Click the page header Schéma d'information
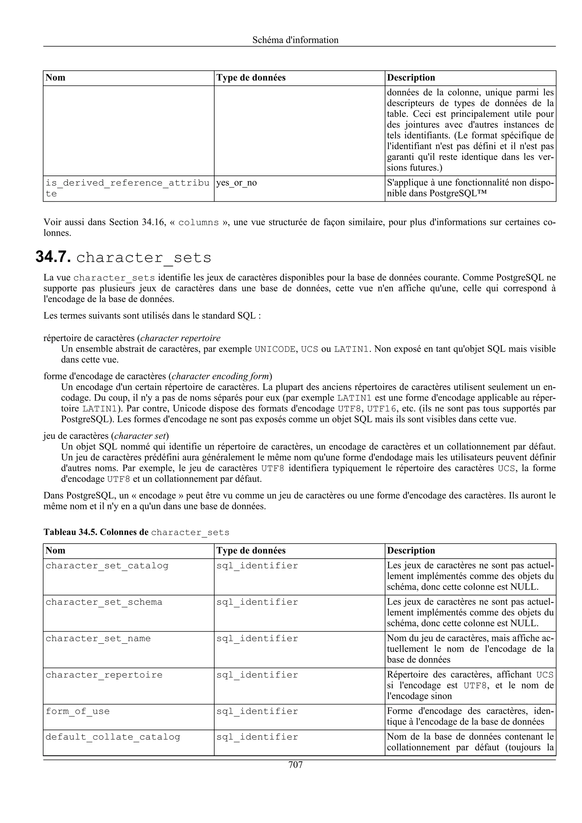[295, 40]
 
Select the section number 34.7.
[53, 257]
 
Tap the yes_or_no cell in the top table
[236, 183]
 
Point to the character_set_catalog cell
[107, 566]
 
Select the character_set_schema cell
[104, 602]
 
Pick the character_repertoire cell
[104, 675]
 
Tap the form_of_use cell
[78, 711]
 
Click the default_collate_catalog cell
[113, 737]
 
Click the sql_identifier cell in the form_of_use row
[257, 711]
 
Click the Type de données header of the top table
[251, 78]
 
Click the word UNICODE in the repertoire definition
[274, 349]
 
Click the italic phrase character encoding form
[220, 376]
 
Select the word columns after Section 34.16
[198, 223]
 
